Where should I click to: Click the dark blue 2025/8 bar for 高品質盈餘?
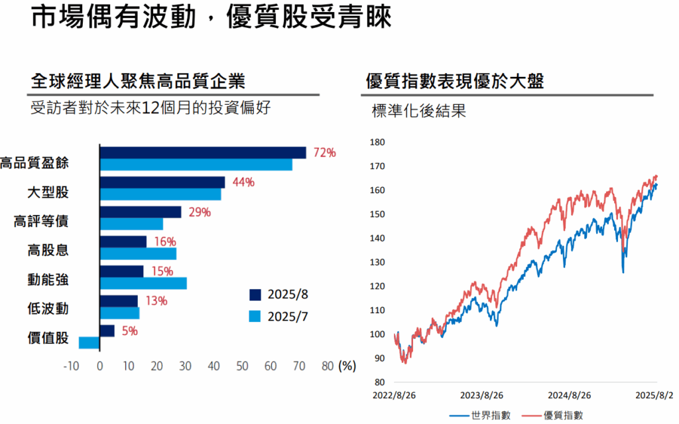[x=203, y=153]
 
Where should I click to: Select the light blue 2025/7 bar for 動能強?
[x=143, y=283]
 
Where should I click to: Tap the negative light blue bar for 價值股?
[x=89, y=342]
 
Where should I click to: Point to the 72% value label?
[x=324, y=153]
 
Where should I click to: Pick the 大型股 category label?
[x=48, y=192]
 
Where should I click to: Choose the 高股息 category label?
[x=48, y=250]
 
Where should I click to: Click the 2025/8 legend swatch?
[x=255, y=295]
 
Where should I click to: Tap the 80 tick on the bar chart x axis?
[x=328, y=366]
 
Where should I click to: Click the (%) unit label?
[x=347, y=366]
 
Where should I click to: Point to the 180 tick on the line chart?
[x=377, y=143]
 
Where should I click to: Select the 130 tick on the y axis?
[x=377, y=262]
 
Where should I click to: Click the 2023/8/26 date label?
[x=481, y=395]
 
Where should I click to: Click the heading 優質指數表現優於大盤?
[x=455, y=82]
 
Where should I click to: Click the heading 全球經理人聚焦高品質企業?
[x=138, y=82]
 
